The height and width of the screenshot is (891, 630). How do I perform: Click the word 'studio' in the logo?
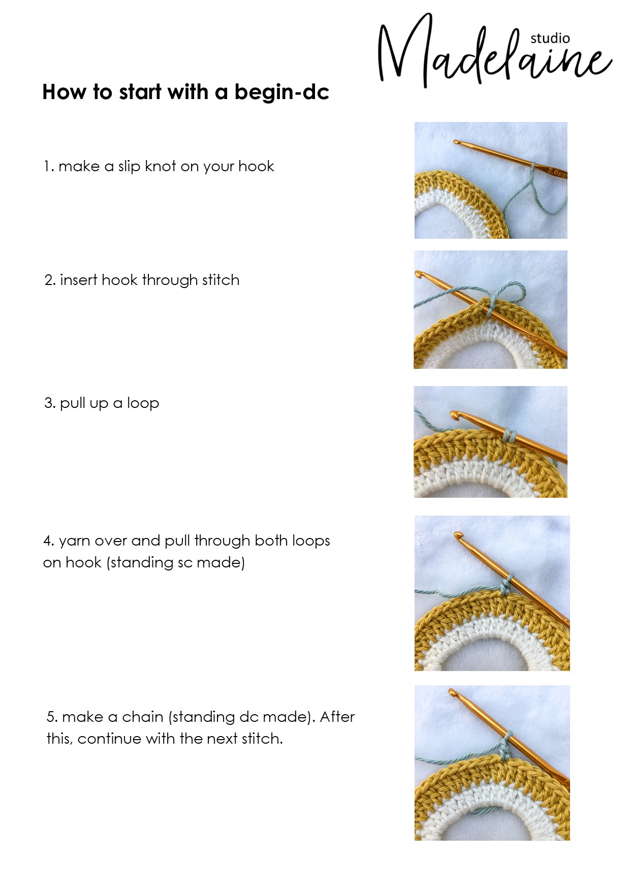pos(550,38)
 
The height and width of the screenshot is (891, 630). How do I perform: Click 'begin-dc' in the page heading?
pos(282,93)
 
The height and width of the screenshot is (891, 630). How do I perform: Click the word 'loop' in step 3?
pos(143,403)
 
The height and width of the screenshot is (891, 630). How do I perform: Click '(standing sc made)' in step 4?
pos(176,563)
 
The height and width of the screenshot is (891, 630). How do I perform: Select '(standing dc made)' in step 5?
pos(241,717)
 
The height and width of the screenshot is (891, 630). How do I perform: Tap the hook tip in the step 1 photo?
pos(456,142)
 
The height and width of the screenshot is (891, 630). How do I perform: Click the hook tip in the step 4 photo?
pos(459,535)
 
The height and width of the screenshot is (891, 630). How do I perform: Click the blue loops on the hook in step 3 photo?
pos(510,435)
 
